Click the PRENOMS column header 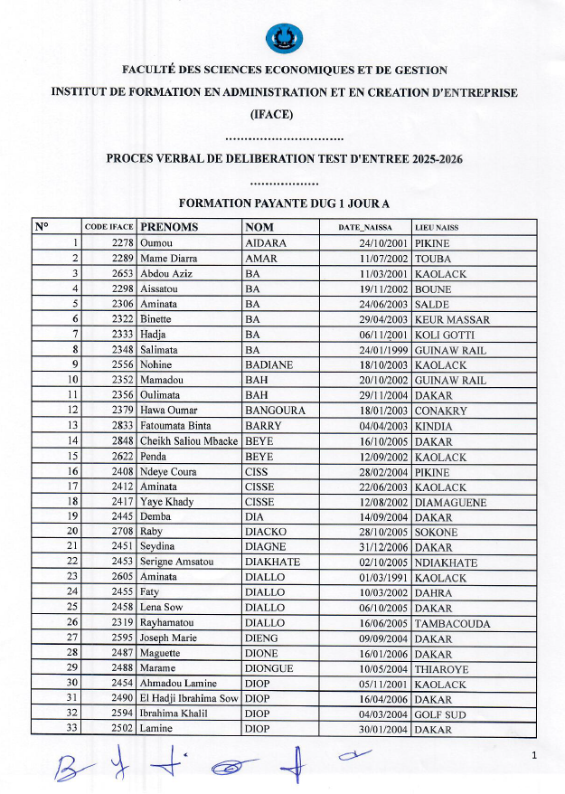click(x=169, y=227)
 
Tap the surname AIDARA click(x=266, y=243)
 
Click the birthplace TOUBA click(x=432, y=259)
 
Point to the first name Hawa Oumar click(x=168, y=411)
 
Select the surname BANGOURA click(x=275, y=411)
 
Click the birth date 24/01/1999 click(x=384, y=350)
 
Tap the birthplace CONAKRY click(x=441, y=411)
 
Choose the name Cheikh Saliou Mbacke click(x=188, y=441)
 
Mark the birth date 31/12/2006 click(x=384, y=547)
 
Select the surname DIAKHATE click(x=274, y=562)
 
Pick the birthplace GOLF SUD click(x=439, y=714)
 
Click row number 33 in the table click(x=73, y=730)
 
